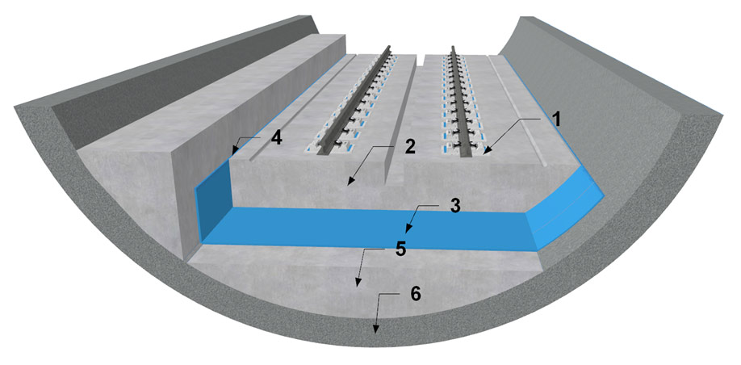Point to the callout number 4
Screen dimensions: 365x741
(x=277, y=138)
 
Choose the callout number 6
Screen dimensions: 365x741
(x=415, y=295)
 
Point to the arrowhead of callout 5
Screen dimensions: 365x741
(x=357, y=285)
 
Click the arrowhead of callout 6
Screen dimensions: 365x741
(x=375, y=333)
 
